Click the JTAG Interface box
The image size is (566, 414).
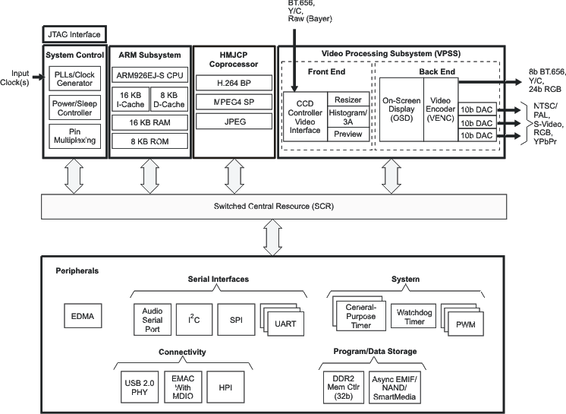(x=73, y=34)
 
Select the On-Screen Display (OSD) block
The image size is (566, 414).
(x=401, y=109)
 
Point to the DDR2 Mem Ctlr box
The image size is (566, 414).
(x=342, y=387)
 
